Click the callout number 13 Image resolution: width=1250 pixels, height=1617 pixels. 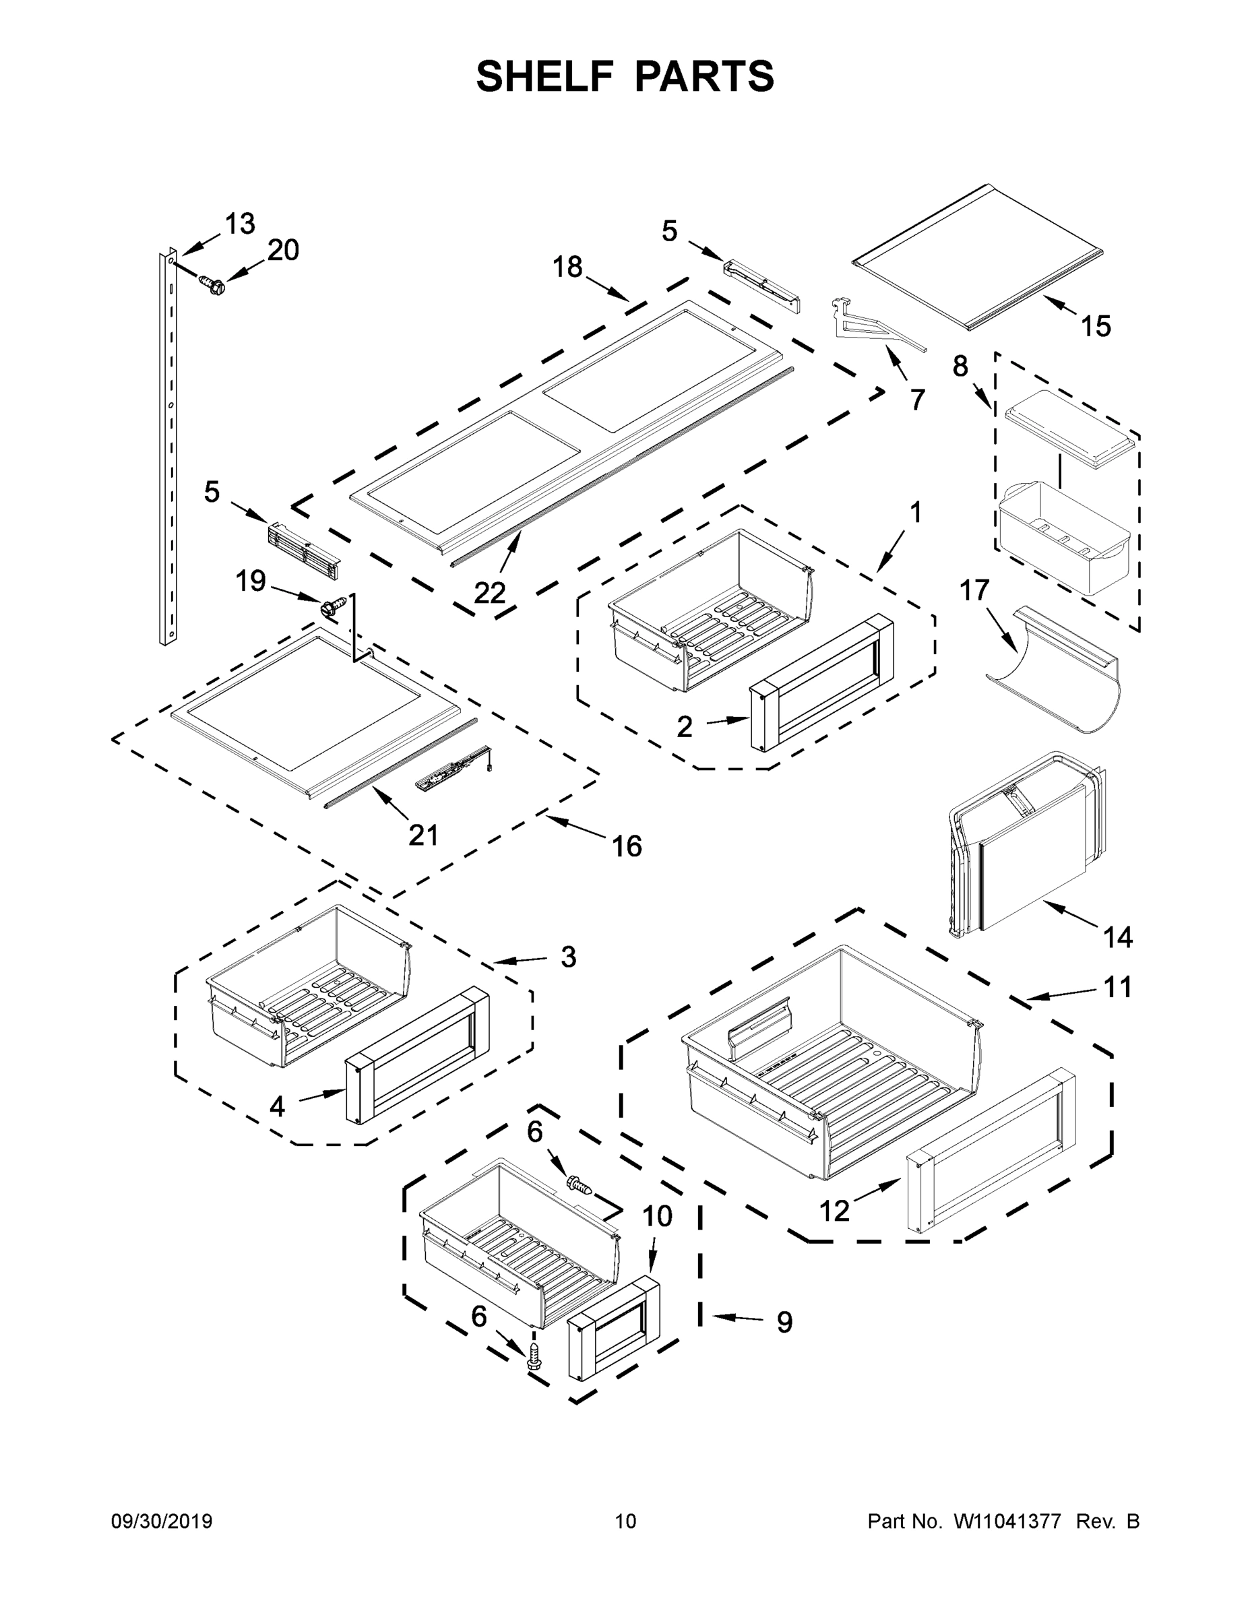click(240, 224)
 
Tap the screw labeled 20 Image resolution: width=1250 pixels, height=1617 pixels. click(212, 284)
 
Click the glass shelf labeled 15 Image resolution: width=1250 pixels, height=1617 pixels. click(978, 255)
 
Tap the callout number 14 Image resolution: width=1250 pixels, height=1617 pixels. click(1117, 937)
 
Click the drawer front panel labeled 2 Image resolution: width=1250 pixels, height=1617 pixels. click(822, 681)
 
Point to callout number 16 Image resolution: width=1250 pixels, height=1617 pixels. click(627, 846)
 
